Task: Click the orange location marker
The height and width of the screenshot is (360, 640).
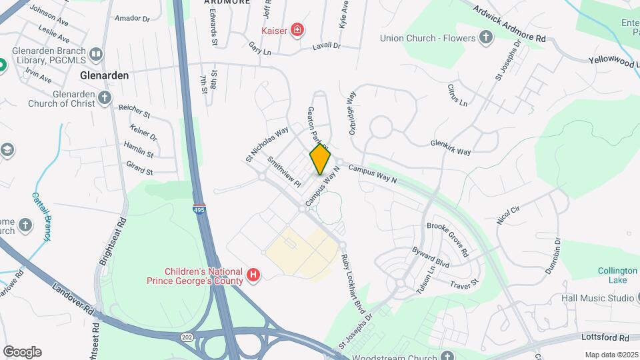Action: click(x=321, y=159)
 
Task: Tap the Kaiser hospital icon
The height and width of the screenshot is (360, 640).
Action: click(x=297, y=30)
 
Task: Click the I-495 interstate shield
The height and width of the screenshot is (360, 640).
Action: click(x=199, y=209)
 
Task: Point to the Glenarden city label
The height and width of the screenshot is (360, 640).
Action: click(x=104, y=75)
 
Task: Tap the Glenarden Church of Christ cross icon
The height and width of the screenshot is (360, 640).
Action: click(x=104, y=99)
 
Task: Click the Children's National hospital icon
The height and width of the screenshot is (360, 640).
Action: click(x=253, y=275)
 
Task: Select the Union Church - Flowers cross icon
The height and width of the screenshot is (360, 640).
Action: click(x=487, y=37)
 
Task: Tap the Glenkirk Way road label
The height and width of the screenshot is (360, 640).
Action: click(x=451, y=147)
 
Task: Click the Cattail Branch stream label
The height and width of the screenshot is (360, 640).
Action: click(x=42, y=218)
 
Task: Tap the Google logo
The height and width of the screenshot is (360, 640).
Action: click(x=22, y=351)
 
